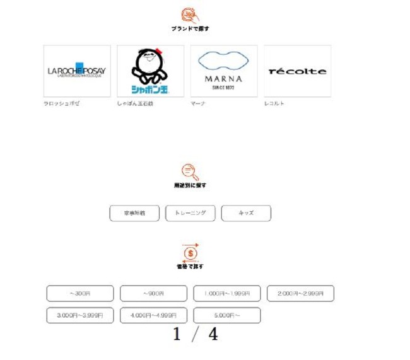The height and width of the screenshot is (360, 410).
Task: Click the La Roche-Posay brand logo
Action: coord(77,71)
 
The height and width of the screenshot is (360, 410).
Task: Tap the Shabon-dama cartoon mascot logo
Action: coord(150,71)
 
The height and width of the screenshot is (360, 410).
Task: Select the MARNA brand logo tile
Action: coord(224,71)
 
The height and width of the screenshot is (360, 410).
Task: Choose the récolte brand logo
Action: coord(297,71)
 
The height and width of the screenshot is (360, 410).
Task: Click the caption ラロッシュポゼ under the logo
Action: coord(61,103)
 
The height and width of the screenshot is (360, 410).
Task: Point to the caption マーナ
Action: coord(198,103)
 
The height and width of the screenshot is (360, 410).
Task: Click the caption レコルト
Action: coord(274,103)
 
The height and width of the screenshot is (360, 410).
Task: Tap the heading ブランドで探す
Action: coord(190,29)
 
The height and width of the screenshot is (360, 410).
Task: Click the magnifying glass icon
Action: coord(190,171)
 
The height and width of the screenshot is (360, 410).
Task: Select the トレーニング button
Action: coord(190,213)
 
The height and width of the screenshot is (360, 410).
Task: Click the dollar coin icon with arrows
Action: coord(190,252)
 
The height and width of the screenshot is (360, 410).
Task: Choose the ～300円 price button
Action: coord(80,293)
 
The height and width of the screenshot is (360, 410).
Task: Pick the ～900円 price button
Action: coord(153,293)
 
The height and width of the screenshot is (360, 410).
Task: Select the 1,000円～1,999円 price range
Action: coord(226,293)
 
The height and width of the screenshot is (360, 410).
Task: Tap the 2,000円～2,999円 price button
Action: coord(300,293)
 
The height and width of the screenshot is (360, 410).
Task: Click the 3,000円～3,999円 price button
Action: coord(80,315)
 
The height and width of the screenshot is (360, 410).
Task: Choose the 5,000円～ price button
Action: coord(226,315)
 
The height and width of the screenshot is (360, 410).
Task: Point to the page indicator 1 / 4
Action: coord(196,335)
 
